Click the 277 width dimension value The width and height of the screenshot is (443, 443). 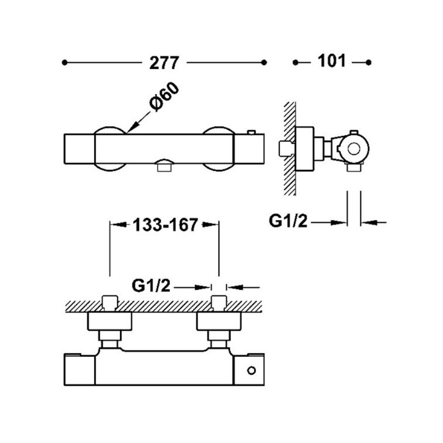(164, 63)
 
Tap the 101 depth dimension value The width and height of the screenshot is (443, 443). (332, 61)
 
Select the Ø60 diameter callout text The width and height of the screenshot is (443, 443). (164, 97)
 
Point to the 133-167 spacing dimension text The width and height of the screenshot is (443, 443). (166, 225)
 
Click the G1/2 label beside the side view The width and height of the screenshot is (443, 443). (288, 221)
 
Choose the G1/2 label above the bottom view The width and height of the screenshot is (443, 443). (151, 286)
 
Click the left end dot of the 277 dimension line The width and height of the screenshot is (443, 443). (65, 62)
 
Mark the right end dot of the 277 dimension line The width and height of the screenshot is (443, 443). (264, 62)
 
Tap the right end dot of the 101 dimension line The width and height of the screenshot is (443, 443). (368, 62)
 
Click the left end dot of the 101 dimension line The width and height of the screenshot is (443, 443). (295, 62)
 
